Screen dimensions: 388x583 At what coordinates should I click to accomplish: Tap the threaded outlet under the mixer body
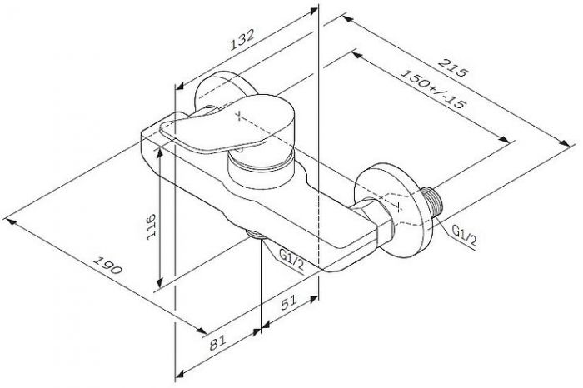pos(257,236)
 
